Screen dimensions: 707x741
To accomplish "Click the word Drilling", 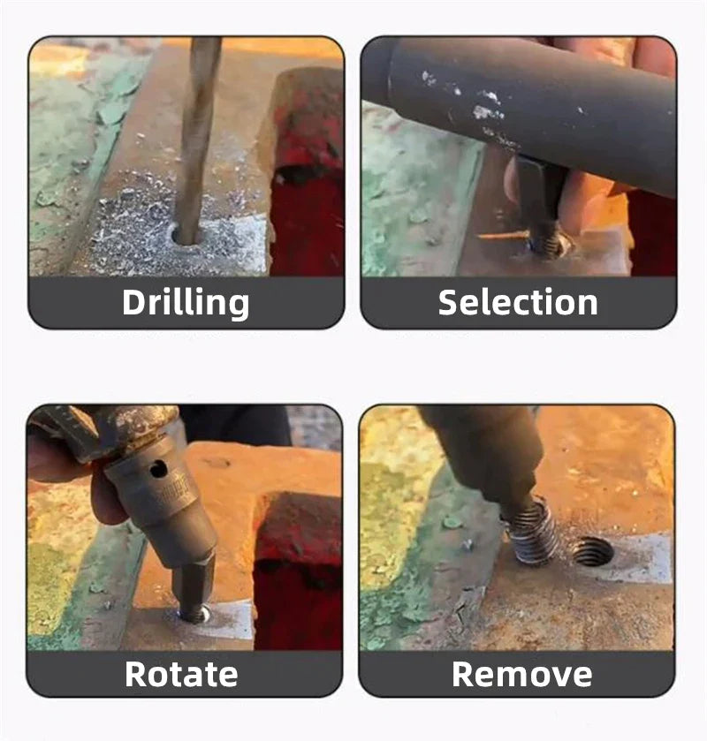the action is [186, 303].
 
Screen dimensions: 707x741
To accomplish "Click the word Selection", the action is [518, 302].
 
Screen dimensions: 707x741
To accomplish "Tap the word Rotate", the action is [181, 674].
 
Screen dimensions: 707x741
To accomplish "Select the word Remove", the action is [521, 674].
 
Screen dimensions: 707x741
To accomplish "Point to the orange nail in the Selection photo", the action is [504, 235].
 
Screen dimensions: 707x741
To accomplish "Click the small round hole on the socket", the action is [158, 469].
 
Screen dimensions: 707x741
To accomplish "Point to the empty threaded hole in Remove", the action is [593, 551].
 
